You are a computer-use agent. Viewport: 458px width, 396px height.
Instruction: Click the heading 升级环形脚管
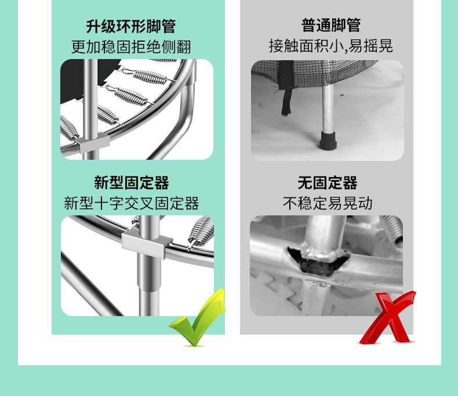coord(130,26)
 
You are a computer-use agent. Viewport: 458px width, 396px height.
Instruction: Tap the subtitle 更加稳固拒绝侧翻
coord(131,47)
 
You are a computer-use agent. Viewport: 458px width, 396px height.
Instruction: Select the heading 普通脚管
coord(331,25)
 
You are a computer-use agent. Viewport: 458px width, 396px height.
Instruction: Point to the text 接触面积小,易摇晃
coord(330,46)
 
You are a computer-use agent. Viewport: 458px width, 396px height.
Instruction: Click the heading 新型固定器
coord(132,183)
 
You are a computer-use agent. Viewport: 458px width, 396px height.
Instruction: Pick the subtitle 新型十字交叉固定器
coord(132,203)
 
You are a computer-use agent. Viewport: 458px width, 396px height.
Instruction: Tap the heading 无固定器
coord(328,183)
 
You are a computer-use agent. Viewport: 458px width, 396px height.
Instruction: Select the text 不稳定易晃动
coord(328,203)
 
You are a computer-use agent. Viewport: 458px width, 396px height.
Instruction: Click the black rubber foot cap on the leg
coord(328,140)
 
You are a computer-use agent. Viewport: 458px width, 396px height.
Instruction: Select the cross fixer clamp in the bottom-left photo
coord(147,243)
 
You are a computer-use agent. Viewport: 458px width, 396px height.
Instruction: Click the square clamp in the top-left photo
coord(94,142)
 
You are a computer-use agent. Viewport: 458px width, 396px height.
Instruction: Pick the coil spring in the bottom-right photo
coord(392,230)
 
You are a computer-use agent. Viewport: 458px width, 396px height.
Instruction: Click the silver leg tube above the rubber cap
coord(328,108)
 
